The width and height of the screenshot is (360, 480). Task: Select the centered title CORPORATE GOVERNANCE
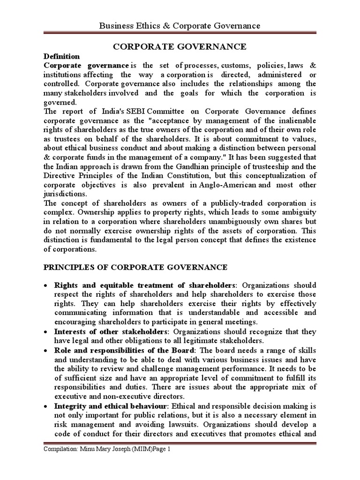coord(180,47)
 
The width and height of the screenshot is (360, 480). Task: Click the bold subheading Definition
coord(59,56)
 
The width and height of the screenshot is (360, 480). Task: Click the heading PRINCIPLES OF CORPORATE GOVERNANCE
coord(135,267)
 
